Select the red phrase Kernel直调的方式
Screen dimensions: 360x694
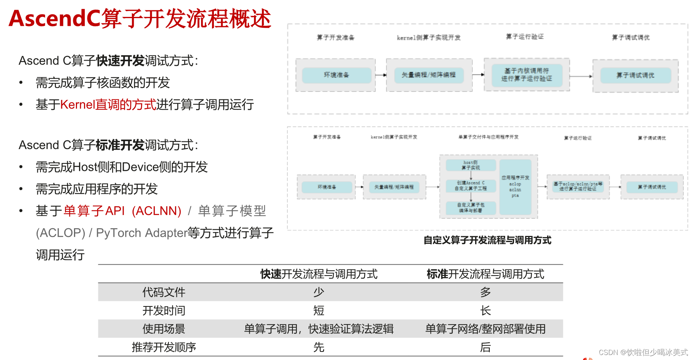pyautogui.click(x=108, y=104)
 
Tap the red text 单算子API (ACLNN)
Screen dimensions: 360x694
pyautogui.click(x=122, y=211)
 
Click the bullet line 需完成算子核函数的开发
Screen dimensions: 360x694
pyautogui.click(x=103, y=82)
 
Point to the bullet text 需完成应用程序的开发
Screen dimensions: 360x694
pyautogui.click(x=97, y=189)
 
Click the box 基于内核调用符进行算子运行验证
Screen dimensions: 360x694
pyautogui.click(x=526, y=75)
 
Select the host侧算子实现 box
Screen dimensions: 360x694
pyautogui.click(x=471, y=165)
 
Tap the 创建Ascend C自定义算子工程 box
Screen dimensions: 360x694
pyautogui.click(x=471, y=186)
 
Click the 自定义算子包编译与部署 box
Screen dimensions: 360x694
pyautogui.click(x=471, y=208)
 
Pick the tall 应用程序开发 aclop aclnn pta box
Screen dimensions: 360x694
pyautogui.click(x=515, y=187)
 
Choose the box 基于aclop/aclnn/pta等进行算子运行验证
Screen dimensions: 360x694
pyautogui.click(x=578, y=187)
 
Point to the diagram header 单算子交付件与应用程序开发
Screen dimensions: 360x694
pyautogui.click(x=488, y=137)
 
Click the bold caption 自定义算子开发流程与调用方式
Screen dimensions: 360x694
pyautogui.click(x=487, y=240)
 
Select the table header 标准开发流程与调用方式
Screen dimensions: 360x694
pyautogui.click(x=485, y=274)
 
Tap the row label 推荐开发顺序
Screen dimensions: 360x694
pyautogui.click(x=164, y=347)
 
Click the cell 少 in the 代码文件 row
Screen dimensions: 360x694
pyautogui.click(x=319, y=292)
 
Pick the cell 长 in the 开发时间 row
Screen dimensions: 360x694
pyautogui.click(x=485, y=311)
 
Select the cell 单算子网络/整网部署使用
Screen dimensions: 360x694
pyautogui.click(x=485, y=329)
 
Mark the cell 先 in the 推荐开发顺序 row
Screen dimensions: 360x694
pyautogui.click(x=319, y=347)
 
